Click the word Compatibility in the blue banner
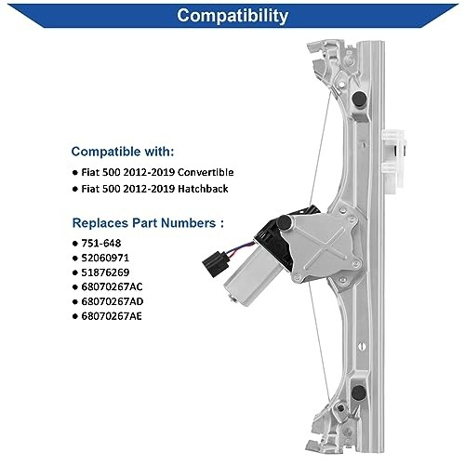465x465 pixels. [232, 16]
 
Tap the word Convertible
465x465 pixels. [201, 173]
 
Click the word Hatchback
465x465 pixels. [200, 191]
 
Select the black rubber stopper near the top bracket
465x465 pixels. [359, 94]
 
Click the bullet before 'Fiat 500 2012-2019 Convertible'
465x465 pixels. [76, 173]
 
